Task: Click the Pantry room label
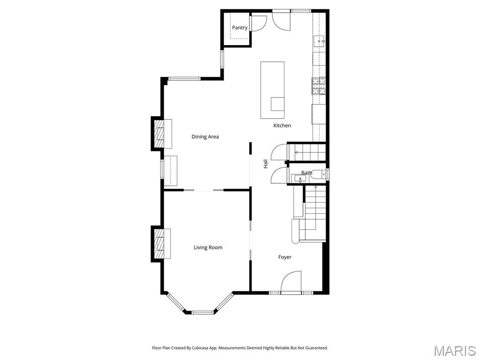pos(240,28)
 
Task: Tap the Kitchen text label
pos(282,126)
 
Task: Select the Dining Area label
pos(205,137)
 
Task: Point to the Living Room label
pos(208,247)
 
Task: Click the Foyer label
pos(285,257)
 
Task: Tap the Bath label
pos(307,173)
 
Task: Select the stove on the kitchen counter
pos(319,85)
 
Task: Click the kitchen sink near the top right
pos(320,41)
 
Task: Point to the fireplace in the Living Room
pos(160,243)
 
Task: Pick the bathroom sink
pos(299,179)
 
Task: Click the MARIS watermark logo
pos(454,350)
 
